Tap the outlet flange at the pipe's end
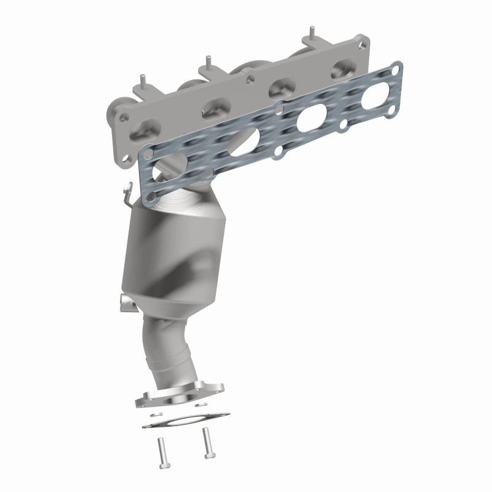point(179,396)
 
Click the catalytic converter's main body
point(175,258)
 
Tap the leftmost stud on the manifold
point(143,81)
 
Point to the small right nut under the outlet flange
point(198,405)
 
